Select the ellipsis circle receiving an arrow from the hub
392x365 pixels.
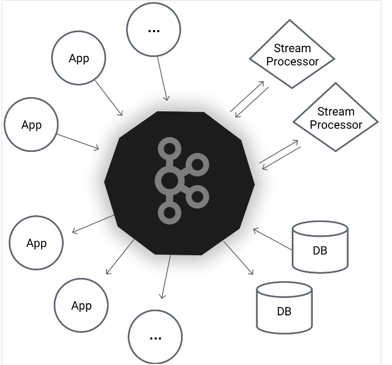[x=155, y=337]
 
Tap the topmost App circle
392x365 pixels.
[x=79, y=58]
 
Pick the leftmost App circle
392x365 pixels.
[x=31, y=125]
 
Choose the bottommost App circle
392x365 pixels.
[x=81, y=305]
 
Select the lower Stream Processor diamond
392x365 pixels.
[x=336, y=118]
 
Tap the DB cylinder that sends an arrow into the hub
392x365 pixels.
[x=320, y=246]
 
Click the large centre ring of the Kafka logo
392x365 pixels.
[x=169, y=181]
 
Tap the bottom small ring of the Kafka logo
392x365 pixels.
[x=169, y=213]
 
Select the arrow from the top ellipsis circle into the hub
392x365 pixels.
[x=163, y=79]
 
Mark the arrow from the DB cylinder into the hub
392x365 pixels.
[x=272, y=238]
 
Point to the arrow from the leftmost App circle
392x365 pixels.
[x=78, y=141]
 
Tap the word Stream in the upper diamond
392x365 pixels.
[x=292, y=49]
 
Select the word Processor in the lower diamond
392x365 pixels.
[x=336, y=125]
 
